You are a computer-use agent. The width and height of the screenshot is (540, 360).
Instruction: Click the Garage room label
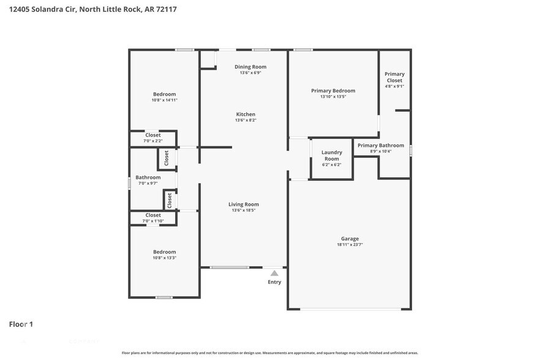point(350,239)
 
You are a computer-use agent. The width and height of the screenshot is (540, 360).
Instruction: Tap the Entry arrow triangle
point(274,273)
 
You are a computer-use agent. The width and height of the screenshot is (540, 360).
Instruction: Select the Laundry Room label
point(331,156)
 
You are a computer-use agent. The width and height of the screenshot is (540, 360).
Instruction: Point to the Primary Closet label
point(394,77)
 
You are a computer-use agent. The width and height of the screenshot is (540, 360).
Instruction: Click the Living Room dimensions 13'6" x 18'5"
point(243,211)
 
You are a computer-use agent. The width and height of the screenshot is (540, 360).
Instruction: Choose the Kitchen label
point(246,114)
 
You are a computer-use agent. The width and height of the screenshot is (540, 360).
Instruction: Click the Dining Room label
point(250,67)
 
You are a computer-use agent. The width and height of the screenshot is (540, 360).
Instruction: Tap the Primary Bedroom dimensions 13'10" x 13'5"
point(332,97)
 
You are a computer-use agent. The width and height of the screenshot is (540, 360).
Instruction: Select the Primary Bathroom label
point(381,146)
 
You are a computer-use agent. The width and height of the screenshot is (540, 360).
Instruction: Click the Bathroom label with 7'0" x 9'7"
point(148,178)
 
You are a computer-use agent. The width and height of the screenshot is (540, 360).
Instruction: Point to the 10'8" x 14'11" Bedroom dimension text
point(164,100)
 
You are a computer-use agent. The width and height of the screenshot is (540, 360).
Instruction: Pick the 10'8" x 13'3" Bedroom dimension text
point(164,258)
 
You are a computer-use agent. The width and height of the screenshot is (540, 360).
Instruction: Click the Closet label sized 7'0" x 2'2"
point(152,135)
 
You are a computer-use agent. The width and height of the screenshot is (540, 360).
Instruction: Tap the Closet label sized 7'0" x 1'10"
point(153,216)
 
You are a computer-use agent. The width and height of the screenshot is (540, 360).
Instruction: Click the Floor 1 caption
point(21,324)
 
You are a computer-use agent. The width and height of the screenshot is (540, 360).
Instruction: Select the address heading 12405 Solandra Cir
point(93,10)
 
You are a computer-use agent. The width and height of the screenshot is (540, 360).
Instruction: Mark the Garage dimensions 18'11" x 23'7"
point(350,245)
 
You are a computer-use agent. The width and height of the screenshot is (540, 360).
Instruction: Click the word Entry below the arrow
point(274,282)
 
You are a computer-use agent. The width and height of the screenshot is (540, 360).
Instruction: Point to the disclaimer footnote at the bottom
point(269,353)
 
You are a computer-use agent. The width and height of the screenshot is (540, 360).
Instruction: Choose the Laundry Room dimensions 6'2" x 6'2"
point(331,165)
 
